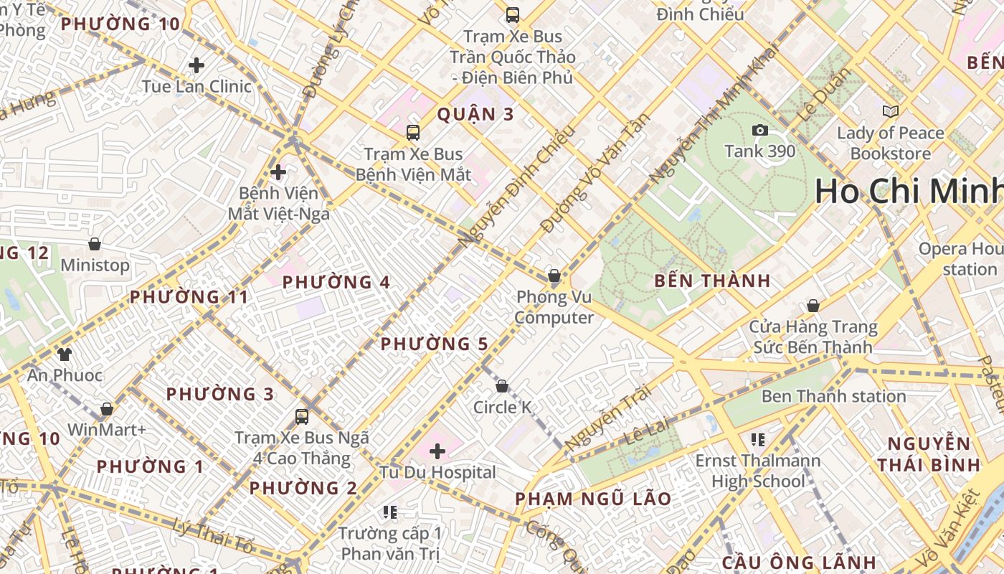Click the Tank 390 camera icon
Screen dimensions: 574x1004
[x=759, y=130]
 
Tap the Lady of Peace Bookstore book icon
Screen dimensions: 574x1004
[x=890, y=112]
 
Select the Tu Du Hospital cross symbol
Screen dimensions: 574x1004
[x=437, y=451]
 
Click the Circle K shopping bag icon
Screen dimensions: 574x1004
[x=502, y=386]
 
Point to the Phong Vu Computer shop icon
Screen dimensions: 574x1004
[x=554, y=276]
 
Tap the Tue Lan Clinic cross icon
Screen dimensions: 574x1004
[x=196, y=65]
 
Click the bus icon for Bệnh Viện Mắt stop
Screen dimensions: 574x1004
[x=412, y=132]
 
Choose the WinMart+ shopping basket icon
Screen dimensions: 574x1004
[x=107, y=409]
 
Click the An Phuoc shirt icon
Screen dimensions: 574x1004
[x=65, y=354]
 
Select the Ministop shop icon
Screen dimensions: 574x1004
[x=94, y=244]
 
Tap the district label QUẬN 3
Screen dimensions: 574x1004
[x=475, y=115]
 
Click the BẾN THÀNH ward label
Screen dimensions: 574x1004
[x=712, y=281]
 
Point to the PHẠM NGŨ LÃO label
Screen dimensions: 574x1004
[x=593, y=499]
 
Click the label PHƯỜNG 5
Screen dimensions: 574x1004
[x=434, y=344]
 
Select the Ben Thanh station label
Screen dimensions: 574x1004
[x=833, y=396]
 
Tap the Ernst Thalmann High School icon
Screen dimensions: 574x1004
[x=758, y=439]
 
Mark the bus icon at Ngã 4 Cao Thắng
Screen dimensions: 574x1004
[x=302, y=416]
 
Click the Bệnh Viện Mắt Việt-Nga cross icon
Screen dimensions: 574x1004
[x=278, y=172]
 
